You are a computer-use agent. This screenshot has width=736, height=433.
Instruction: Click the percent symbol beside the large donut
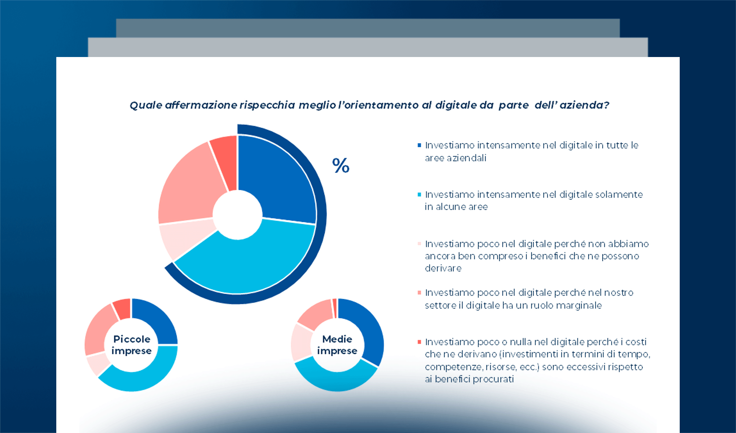341,166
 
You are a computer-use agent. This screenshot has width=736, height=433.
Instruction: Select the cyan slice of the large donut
253,263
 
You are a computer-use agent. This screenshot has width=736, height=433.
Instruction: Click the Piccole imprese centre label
131,345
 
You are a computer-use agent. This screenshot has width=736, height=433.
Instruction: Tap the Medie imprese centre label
337,345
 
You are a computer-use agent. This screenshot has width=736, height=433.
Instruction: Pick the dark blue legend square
419,145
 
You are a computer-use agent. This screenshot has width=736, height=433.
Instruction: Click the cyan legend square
419,195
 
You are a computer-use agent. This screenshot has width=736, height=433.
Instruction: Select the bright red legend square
419,342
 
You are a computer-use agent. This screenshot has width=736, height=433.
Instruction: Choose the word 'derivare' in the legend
443,268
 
